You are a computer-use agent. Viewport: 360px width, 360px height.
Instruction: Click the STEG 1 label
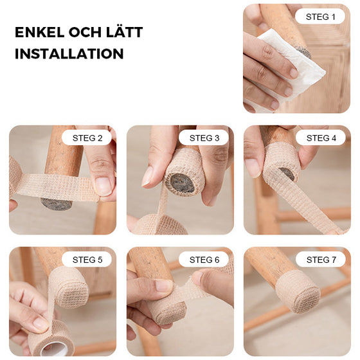pyautogui.click(x=319, y=16)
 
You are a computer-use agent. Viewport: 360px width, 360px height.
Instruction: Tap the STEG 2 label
pyautogui.click(x=87, y=138)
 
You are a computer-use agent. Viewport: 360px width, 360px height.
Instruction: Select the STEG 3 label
pyautogui.click(x=204, y=138)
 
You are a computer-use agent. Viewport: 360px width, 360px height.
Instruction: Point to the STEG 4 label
pyautogui.click(x=320, y=138)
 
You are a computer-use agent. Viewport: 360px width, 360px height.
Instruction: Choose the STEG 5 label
pyautogui.click(x=87, y=260)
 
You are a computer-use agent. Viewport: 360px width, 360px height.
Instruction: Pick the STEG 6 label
pyautogui.click(x=204, y=260)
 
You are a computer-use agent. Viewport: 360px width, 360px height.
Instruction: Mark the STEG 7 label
pyautogui.click(x=320, y=260)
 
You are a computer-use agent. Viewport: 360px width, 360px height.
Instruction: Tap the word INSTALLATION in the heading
pyautogui.click(x=69, y=54)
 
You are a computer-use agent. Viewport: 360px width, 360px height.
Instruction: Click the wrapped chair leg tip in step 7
pyautogui.click(x=298, y=291)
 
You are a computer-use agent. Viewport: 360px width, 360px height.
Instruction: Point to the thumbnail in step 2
pyautogui.click(x=103, y=186)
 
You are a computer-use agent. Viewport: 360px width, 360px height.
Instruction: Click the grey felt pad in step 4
pyautogui.click(x=288, y=174)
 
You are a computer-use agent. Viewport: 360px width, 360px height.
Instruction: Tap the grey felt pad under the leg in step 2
pyautogui.click(x=56, y=204)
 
